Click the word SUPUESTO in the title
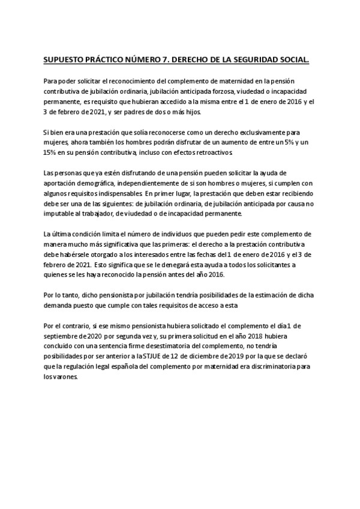[62, 60]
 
